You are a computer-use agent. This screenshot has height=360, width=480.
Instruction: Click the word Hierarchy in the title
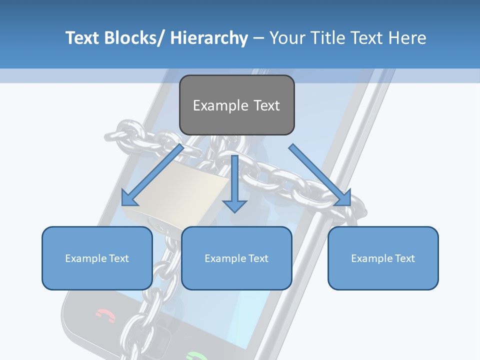point(208,38)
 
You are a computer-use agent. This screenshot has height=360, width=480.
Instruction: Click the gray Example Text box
point(236,105)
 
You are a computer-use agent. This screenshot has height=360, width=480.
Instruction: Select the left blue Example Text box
point(97,258)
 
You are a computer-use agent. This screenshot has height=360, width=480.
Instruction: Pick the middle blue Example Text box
point(236,258)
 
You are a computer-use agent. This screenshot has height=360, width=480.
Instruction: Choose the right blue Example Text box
point(383,258)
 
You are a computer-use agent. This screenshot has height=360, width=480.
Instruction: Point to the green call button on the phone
point(196,356)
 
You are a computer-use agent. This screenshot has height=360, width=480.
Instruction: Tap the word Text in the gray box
point(265,105)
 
